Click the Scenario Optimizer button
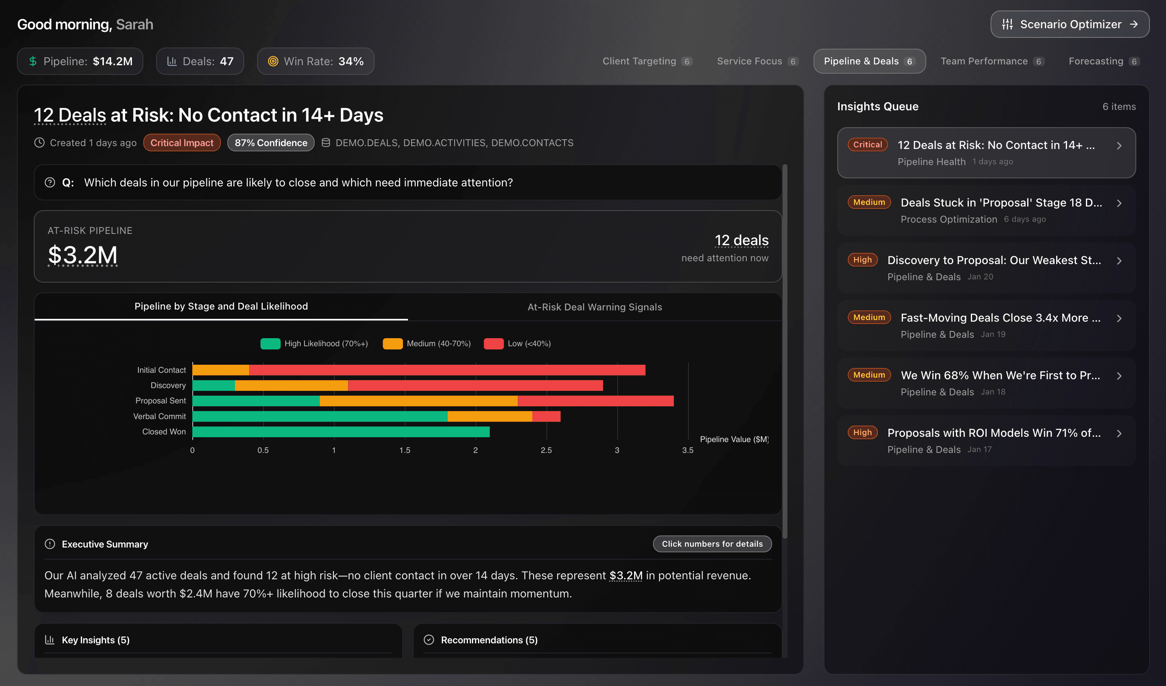tap(1069, 24)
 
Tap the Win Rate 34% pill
tap(315, 61)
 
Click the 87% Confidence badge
tap(271, 143)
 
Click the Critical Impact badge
tap(182, 143)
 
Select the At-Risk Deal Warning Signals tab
tap(595, 307)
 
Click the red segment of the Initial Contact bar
tap(447, 370)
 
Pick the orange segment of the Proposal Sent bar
tap(418, 401)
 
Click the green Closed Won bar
tap(341, 432)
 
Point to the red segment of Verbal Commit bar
tap(546, 417)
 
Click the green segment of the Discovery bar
tap(213, 386)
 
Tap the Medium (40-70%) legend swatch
tap(392, 343)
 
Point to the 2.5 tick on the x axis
tap(546, 450)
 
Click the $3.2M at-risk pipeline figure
tap(83, 255)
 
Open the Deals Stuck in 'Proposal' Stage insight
tap(1001, 203)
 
